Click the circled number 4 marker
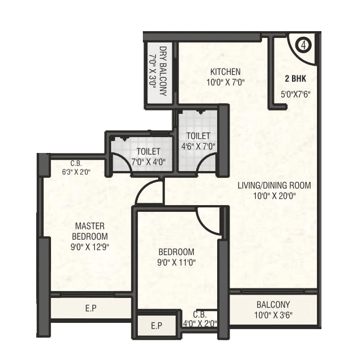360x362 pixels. point(303,44)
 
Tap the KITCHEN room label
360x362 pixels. point(226,72)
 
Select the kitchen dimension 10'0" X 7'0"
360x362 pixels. point(226,82)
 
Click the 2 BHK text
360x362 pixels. point(295,79)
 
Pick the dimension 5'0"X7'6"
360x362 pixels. point(295,95)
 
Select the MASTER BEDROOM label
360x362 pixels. point(90,231)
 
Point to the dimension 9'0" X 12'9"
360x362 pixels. point(90,246)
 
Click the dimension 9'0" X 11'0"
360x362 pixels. point(176,262)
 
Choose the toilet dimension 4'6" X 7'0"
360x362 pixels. point(198,147)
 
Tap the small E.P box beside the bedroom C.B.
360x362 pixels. point(156,326)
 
